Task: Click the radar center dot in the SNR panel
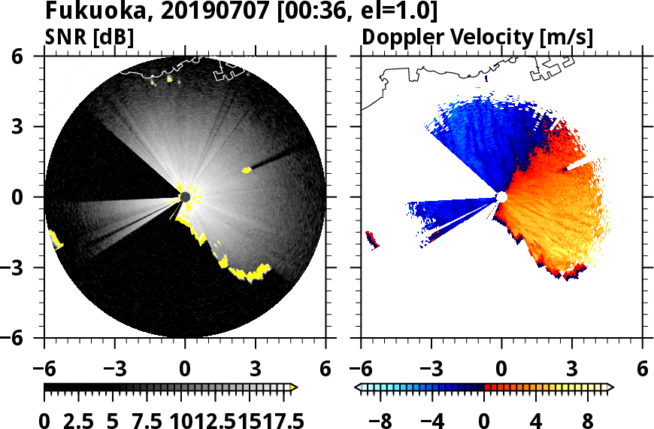pyautogui.click(x=185, y=197)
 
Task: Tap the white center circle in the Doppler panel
pyautogui.click(x=502, y=197)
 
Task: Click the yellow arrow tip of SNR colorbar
pyautogui.click(x=294, y=388)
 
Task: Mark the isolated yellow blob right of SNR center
pyautogui.click(x=247, y=170)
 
